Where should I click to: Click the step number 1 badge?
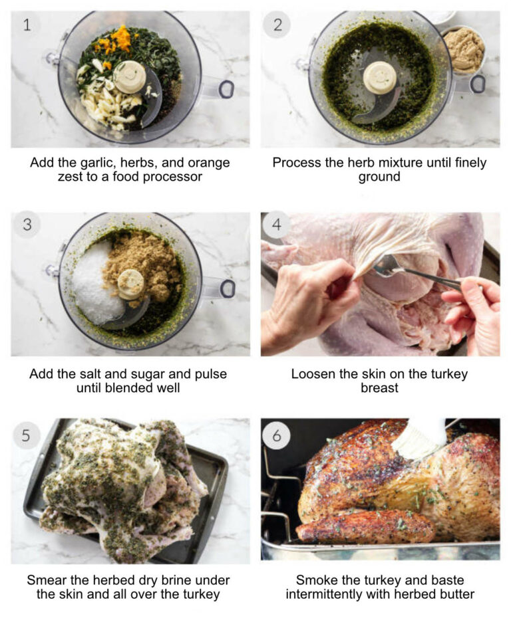click(27, 25)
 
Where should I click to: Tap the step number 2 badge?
click(277, 25)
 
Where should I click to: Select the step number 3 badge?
click(27, 225)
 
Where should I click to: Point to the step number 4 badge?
click(277, 225)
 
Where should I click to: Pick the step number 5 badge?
click(27, 435)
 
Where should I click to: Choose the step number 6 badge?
click(277, 435)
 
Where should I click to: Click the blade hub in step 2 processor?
click(380, 78)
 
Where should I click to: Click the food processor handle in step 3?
click(225, 288)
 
